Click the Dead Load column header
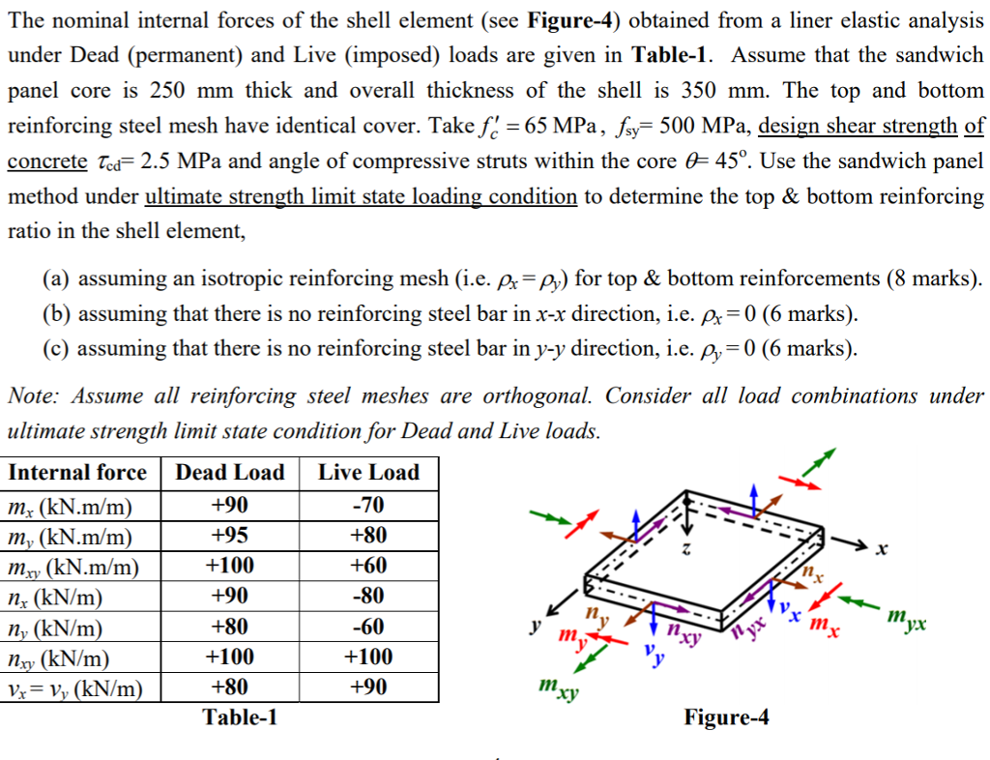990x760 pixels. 230,473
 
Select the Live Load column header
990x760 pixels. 369,473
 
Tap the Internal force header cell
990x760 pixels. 77,473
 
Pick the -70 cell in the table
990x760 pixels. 369,505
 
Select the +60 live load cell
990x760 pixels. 369,566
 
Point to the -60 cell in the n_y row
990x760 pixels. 369,627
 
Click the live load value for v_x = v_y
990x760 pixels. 369,687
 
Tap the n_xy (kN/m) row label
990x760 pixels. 58,658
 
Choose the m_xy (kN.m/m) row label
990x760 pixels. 73,567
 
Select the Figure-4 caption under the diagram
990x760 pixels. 726,717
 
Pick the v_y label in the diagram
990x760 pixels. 654,660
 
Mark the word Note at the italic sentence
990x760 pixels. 30,396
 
